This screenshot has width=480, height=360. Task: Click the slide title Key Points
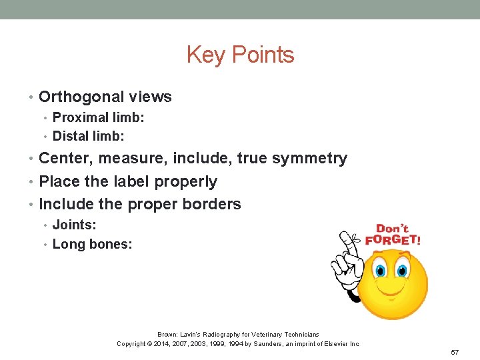pyautogui.click(x=240, y=55)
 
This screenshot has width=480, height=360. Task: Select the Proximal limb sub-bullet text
pyautogui.click(x=99, y=117)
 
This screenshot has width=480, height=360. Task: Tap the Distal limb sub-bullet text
pyautogui.click(x=89, y=136)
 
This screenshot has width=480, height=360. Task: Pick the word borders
pyautogui.click(x=213, y=204)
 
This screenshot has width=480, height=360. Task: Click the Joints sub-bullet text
pyautogui.click(x=75, y=225)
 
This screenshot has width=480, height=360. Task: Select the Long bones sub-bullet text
pyautogui.click(x=92, y=244)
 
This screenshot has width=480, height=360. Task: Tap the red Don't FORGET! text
pyautogui.click(x=397, y=235)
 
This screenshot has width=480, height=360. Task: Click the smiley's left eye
pyautogui.click(x=381, y=270)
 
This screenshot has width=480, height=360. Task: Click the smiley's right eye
pyautogui.click(x=401, y=270)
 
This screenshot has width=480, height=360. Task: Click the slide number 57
pyautogui.click(x=455, y=351)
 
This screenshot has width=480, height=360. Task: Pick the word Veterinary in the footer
pyautogui.click(x=261, y=334)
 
